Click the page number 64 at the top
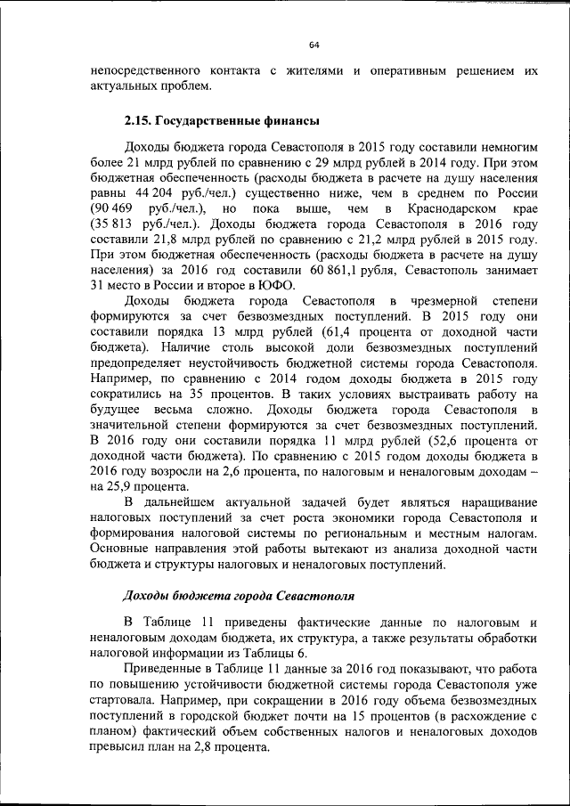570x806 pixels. pos(314,45)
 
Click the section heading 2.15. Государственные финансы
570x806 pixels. pos(222,120)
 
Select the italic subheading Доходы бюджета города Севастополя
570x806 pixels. pos(233,594)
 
